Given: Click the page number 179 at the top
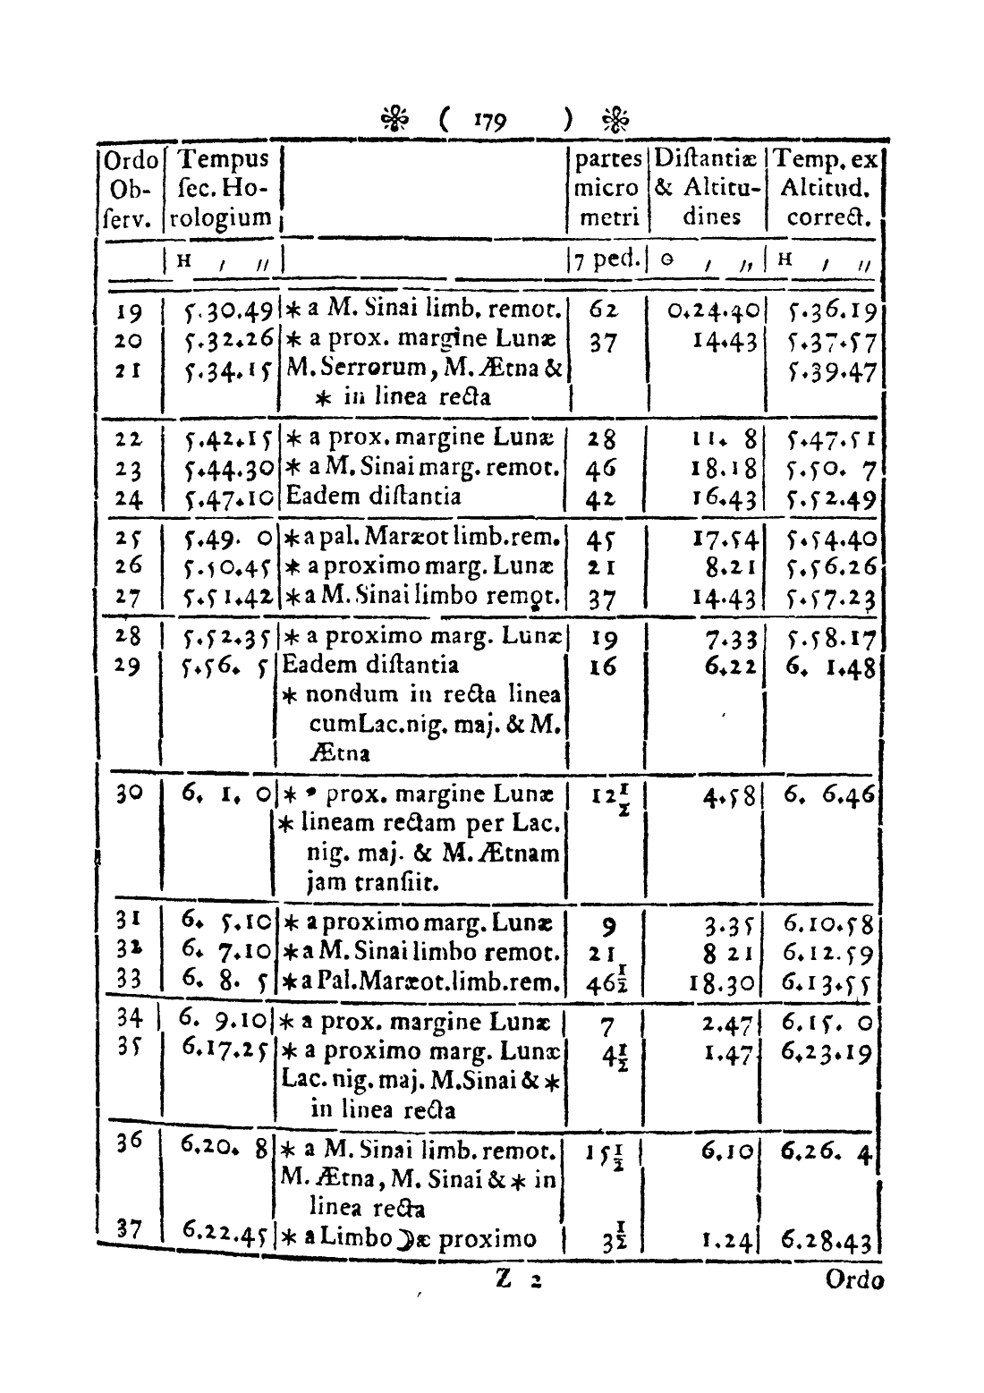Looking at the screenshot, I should click(491, 120).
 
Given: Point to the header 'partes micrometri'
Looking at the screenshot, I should click(608, 188).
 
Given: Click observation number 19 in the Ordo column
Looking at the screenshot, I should click(131, 312).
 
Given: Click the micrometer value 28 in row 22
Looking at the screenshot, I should click(603, 440).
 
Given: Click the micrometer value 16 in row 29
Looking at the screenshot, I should click(603, 667).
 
